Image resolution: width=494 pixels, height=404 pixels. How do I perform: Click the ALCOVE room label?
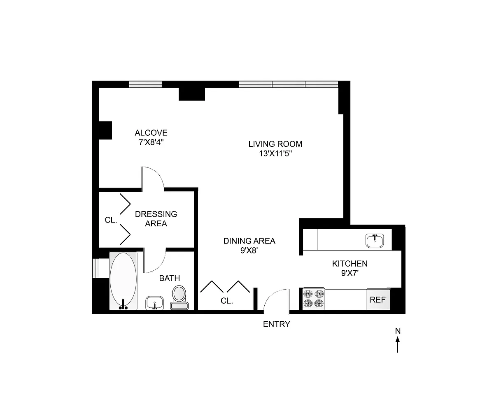(x=151, y=133)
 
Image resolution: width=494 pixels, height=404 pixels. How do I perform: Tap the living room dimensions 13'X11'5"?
(x=275, y=153)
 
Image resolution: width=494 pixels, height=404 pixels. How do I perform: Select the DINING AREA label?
(x=249, y=241)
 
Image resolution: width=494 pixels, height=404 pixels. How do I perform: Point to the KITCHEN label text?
(x=350, y=264)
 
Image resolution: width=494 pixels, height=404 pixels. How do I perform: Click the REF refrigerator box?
(x=378, y=300)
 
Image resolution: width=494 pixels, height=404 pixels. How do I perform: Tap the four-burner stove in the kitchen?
(x=314, y=299)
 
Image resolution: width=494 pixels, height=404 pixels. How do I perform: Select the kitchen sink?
(x=375, y=240)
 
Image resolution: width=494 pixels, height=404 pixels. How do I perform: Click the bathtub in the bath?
(x=123, y=281)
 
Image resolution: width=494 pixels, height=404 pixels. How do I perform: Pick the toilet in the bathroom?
(x=179, y=297)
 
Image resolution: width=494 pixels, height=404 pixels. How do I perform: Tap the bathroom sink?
(x=155, y=303)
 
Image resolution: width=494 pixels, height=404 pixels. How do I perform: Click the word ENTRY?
(x=276, y=324)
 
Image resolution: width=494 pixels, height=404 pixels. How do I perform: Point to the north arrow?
(x=398, y=344)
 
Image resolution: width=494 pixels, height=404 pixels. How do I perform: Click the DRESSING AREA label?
(x=156, y=218)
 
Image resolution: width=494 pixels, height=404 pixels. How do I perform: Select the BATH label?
(x=169, y=278)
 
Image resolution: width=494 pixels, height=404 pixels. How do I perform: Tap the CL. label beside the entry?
(x=226, y=301)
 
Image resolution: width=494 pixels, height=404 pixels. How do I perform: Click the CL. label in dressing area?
(x=111, y=220)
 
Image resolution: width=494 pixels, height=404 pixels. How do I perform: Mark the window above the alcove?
(x=145, y=84)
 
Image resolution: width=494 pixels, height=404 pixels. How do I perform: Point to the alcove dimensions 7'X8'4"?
(x=151, y=142)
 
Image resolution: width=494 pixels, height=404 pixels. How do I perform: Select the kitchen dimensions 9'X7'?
(x=350, y=273)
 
